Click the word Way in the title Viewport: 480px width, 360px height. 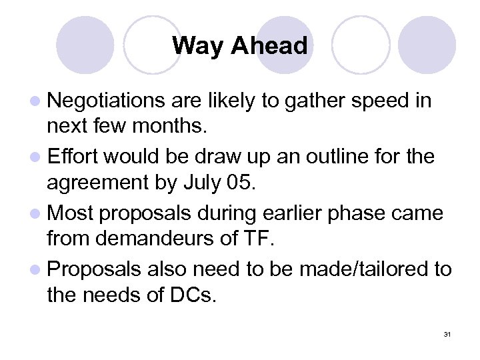point(195,46)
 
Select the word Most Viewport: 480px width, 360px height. point(69,213)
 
